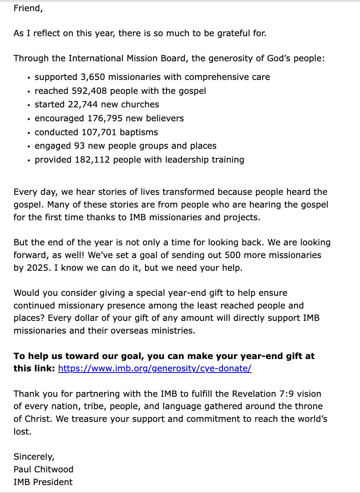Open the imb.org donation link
(155, 368)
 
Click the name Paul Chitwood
(43, 469)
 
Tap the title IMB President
(43, 482)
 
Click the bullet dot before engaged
(29, 147)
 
